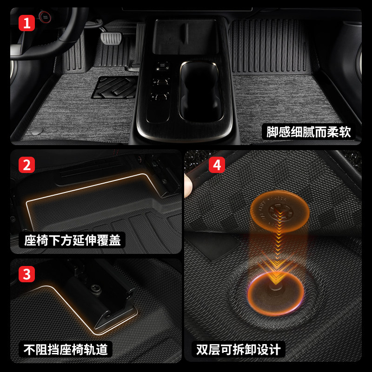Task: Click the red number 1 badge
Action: (27, 23)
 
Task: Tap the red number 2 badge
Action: (27, 165)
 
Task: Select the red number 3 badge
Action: (27, 274)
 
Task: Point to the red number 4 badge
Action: (217, 165)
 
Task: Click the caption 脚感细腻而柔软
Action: (308, 132)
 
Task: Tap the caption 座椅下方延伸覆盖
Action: (72, 240)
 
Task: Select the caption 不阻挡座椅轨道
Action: (66, 349)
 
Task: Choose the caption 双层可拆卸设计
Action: (238, 349)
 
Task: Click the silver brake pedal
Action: (111, 38)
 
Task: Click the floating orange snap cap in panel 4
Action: (280, 211)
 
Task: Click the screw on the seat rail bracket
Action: (96, 289)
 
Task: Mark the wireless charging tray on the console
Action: (185, 37)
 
